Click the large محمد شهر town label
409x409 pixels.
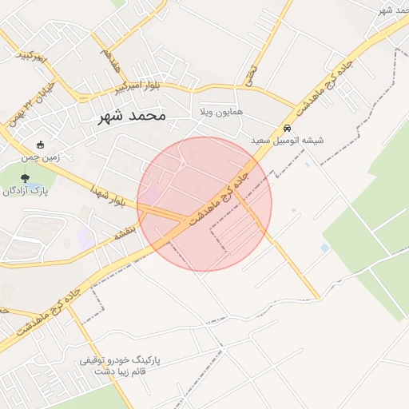(131, 116)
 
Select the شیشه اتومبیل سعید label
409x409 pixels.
(288, 141)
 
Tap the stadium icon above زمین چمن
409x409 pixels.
(41, 145)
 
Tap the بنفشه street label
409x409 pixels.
(126, 232)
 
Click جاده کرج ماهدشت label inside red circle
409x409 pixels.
(217, 193)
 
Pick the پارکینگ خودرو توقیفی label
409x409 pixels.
(120, 361)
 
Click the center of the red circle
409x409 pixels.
(204, 204)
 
